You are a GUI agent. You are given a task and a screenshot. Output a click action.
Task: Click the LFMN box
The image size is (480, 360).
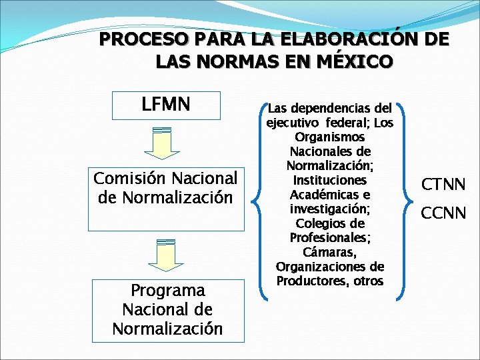(x=166, y=105)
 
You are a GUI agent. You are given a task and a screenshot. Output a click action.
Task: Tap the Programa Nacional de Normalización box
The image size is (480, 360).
(x=167, y=310)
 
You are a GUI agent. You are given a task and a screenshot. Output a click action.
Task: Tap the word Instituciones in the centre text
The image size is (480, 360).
(x=329, y=180)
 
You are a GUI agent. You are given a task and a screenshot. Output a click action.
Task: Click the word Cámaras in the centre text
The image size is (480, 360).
(x=329, y=252)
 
